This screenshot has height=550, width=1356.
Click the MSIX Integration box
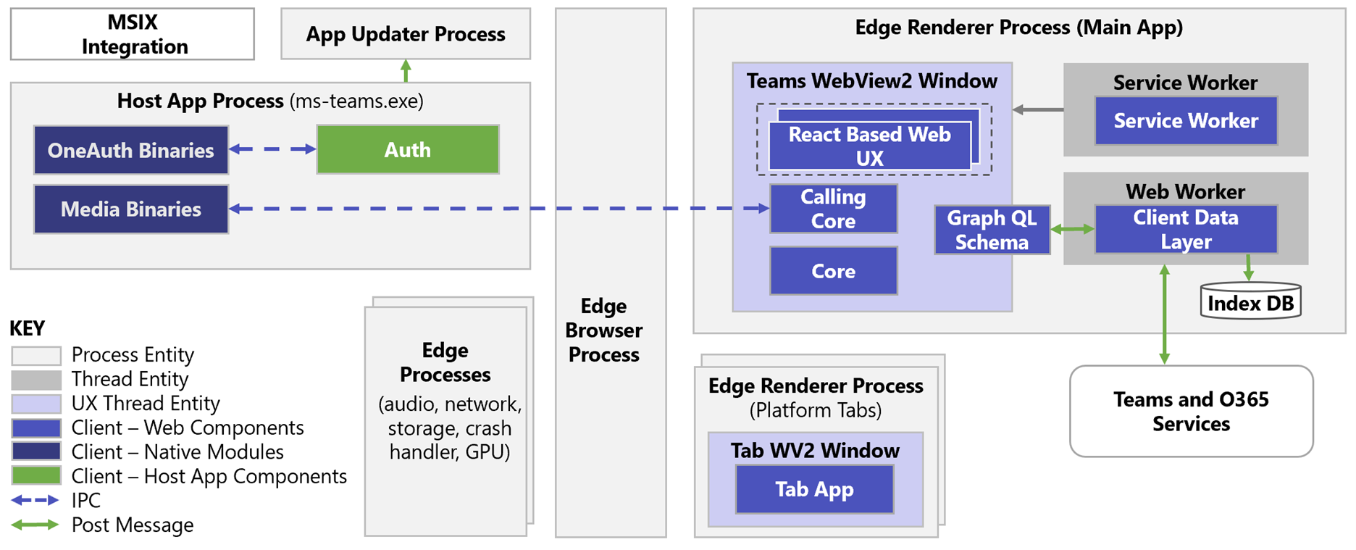pyautogui.click(x=133, y=34)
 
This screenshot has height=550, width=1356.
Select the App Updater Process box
pyautogui.click(x=406, y=34)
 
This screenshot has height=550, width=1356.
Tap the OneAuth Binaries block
pyautogui.click(x=131, y=150)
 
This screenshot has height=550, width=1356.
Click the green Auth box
pyautogui.click(x=408, y=150)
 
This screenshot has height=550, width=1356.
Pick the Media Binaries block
pyautogui.click(x=131, y=209)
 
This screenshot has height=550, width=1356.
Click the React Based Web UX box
pyautogui.click(x=869, y=146)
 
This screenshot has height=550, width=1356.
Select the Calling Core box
pyautogui.click(x=833, y=209)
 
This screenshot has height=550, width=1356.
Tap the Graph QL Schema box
pyautogui.click(x=992, y=230)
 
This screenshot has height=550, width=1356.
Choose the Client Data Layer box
pyautogui.click(x=1186, y=230)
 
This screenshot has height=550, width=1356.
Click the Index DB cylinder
pyautogui.click(x=1250, y=302)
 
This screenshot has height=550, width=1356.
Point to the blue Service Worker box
pyautogui.click(x=1186, y=121)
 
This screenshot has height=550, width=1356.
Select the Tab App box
pyautogui.click(x=814, y=489)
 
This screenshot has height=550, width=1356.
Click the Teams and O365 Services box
pyautogui.click(x=1191, y=411)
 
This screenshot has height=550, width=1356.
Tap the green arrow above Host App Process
pyautogui.click(x=406, y=71)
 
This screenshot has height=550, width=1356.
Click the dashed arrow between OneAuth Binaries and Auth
pyautogui.click(x=272, y=149)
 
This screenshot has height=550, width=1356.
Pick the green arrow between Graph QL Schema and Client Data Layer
pyautogui.click(x=1072, y=230)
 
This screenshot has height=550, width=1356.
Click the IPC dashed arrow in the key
pyautogui.click(x=35, y=500)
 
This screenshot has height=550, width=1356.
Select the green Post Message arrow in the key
pyautogui.click(x=35, y=525)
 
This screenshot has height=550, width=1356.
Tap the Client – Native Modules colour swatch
pyautogui.click(x=36, y=451)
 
